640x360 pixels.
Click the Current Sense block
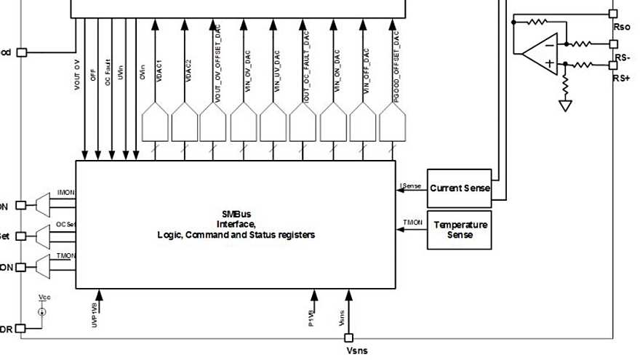(459, 188)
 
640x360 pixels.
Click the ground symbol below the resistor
(564, 105)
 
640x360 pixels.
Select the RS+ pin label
(622, 77)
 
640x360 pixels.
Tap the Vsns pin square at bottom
(349, 337)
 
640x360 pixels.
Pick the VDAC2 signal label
(189, 74)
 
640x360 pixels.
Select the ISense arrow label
(411, 185)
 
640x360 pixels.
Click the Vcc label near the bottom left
(44, 299)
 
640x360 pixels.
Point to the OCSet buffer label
(65, 224)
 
